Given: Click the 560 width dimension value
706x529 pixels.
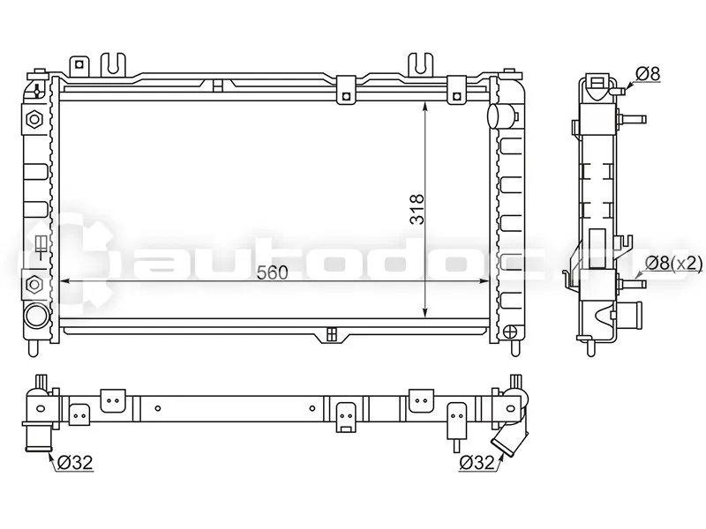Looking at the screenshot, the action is pyautogui.click(x=272, y=272).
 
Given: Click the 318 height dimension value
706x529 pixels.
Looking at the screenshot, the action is pyautogui.click(x=417, y=209).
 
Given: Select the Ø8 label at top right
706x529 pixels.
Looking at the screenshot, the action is pyautogui.click(x=648, y=74).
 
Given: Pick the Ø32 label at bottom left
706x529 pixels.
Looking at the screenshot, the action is pyautogui.click(x=75, y=462).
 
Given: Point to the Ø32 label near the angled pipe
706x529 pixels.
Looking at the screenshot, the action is pyautogui.click(x=476, y=462).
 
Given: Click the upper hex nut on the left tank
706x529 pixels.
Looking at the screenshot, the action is pyautogui.click(x=34, y=120).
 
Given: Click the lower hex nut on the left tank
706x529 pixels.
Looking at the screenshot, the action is pyautogui.click(x=34, y=285).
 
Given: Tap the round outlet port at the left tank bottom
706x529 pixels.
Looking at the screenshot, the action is pyautogui.click(x=36, y=317).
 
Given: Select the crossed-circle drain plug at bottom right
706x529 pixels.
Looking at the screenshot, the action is pyautogui.click(x=511, y=332).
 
